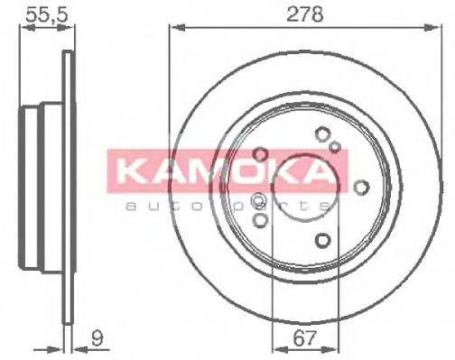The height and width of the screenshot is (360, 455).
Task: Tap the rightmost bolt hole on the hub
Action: (361, 187)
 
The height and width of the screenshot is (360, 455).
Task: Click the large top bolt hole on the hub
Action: (322, 134)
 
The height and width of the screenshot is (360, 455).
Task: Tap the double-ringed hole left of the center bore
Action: (257, 200)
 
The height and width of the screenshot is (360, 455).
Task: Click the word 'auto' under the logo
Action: (148, 206)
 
